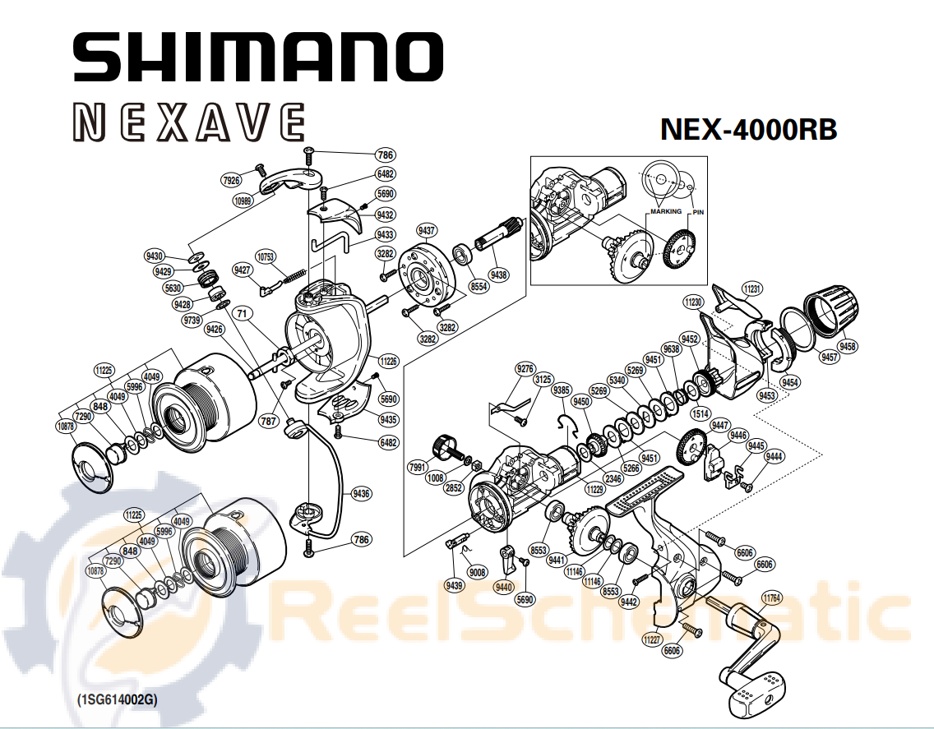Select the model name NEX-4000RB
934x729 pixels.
tap(749, 129)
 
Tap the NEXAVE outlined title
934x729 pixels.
tap(190, 122)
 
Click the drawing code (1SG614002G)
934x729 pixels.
tap(118, 699)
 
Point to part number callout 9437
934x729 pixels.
tap(427, 230)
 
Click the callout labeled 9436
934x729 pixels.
tap(361, 493)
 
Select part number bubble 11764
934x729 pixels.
tap(771, 598)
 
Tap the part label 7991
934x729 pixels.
tap(418, 467)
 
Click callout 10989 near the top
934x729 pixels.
tap(243, 201)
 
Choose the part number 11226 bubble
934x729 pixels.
tap(388, 361)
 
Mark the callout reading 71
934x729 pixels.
tap(241, 313)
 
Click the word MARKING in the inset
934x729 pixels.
tap(666, 211)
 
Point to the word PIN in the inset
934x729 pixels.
tap(698, 212)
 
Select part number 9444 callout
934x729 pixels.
tap(774, 456)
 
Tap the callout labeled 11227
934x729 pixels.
tap(652, 639)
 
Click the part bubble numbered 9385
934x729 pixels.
tap(561, 390)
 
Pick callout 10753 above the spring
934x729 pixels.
tap(266, 256)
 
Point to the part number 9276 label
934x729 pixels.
tap(525, 369)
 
